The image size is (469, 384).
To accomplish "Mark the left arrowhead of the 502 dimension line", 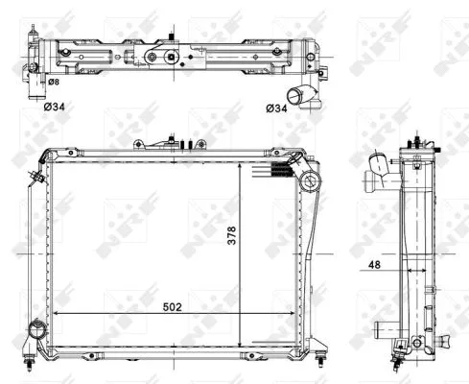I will pos(56,314).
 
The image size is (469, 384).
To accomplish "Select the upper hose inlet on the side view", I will pos(381,173).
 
